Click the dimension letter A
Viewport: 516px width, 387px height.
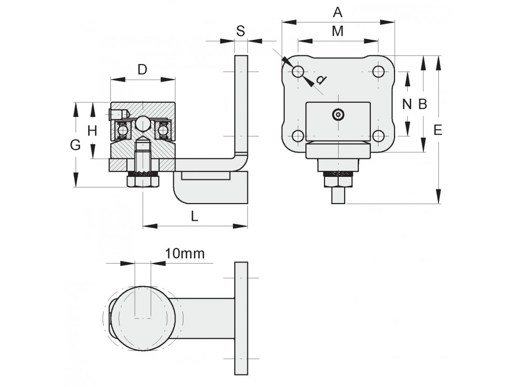point(338,13)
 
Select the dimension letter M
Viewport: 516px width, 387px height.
point(338,31)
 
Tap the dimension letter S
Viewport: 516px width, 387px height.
point(240,31)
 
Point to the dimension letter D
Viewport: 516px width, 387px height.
point(142,70)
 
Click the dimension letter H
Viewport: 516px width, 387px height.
point(93,131)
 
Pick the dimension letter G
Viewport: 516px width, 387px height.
point(76,145)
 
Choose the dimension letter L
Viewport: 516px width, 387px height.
point(195,216)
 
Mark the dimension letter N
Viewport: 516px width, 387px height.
point(407,104)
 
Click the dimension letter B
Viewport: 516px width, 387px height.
point(423,104)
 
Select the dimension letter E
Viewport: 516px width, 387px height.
point(438,131)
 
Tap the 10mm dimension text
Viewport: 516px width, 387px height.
point(184,254)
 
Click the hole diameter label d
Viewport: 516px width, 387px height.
point(321,80)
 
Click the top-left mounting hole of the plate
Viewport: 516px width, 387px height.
point(298,71)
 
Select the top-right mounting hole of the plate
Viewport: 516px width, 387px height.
point(378,71)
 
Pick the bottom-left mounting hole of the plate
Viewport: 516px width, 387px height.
point(298,136)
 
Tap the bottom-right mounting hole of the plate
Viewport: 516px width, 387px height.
point(378,136)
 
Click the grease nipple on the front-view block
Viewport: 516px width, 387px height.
point(338,114)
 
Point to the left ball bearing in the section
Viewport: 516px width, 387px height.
point(122,131)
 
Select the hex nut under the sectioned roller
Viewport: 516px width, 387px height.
point(143,181)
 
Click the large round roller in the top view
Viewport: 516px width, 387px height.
point(143,318)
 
